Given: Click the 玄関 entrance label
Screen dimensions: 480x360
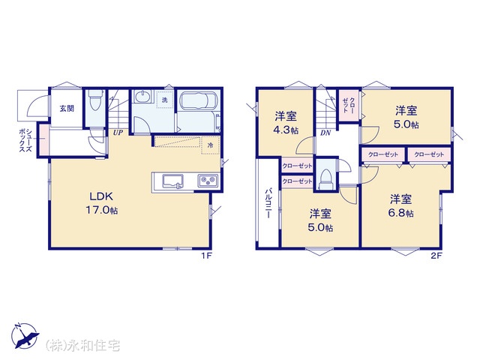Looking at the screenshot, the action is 67,108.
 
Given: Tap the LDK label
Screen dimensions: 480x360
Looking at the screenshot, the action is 101,196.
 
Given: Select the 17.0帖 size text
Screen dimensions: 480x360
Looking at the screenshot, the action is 102,210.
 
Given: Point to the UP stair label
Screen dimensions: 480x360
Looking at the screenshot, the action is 118,133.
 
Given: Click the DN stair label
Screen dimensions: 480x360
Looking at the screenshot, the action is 325,133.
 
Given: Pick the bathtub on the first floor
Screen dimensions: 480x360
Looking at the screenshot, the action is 199,100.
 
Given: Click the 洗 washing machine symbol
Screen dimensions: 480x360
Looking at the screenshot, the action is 165,100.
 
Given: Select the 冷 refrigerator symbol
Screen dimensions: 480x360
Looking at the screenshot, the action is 210,145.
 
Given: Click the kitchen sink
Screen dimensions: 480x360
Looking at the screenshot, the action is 172,181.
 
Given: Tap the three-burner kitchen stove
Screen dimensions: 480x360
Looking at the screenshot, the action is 208,180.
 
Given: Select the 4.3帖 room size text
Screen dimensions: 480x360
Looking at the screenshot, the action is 286,130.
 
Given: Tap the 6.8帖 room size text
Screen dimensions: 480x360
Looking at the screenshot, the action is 401,213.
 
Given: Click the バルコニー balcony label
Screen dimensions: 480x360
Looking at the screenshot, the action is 268,203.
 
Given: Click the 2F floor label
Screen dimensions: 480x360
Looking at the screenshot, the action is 436,256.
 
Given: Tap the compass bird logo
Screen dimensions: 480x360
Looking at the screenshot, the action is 25,335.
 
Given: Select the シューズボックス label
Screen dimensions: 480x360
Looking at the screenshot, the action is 25,141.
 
